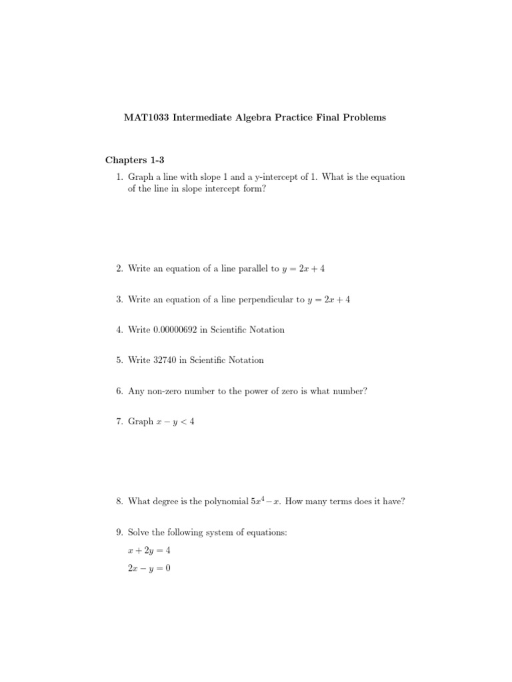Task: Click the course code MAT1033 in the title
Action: [x=144, y=118]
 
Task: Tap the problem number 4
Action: [x=118, y=330]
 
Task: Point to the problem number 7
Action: [x=118, y=422]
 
